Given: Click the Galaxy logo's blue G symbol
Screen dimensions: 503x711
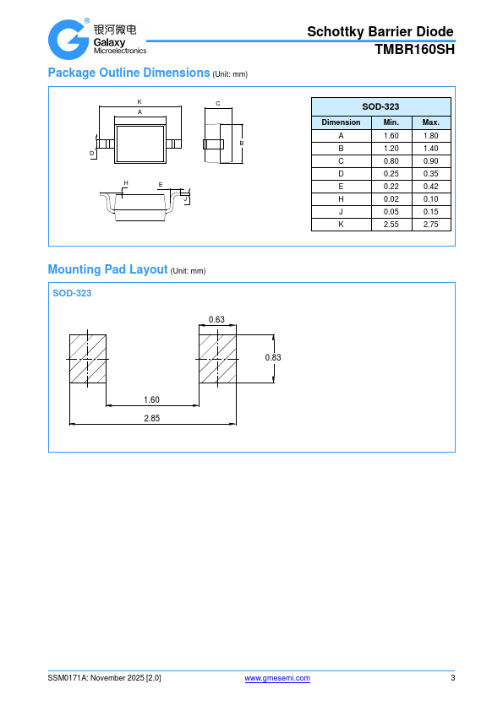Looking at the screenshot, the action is pyautogui.click(x=68, y=40).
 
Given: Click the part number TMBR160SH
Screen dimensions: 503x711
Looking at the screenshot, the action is pyautogui.click(x=414, y=50).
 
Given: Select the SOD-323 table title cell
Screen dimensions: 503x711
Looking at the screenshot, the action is pyautogui.click(x=381, y=106).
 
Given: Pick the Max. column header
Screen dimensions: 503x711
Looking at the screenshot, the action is pyautogui.click(x=431, y=122).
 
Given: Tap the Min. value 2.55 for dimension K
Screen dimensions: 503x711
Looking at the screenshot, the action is pyautogui.click(x=391, y=225).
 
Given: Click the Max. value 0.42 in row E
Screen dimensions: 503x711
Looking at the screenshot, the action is pyautogui.click(x=431, y=187).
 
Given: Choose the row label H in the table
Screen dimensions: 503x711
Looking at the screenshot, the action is pyautogui.click(x=341, y=199).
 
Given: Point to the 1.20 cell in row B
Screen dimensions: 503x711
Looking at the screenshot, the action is pyautogui.click(x=391, y=149).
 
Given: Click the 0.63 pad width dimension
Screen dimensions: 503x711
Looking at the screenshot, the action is pyautogui.click(x=216, y=319).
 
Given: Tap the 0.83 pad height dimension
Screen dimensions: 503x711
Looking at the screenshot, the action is pyautogui.click(x=273, y=357).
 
